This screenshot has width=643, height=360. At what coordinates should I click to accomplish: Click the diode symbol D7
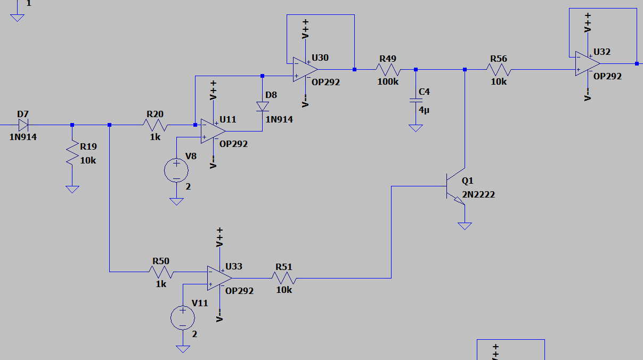pos(22,125)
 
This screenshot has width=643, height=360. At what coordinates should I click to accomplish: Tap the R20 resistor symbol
pos(154,125)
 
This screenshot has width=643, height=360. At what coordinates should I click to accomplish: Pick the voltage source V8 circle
pos(176,171)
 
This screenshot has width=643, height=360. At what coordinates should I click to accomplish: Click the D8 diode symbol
pos(262,107)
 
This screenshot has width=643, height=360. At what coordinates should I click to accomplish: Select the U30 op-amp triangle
pos(305,69)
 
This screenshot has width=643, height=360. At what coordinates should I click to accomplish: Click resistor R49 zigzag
pos(388,69)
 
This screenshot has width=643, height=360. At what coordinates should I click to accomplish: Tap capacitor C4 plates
pos(416,100)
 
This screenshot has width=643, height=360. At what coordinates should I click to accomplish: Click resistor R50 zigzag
pos(161,272)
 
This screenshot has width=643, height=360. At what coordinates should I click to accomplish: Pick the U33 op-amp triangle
pos(219,278)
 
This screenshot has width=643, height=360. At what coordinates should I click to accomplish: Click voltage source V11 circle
pos(183,318)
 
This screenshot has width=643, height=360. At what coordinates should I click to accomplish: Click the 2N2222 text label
pos(478,195)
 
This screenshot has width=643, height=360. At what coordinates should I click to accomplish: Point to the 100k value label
pos(388,81)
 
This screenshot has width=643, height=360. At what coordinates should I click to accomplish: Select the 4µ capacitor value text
pos(424,110)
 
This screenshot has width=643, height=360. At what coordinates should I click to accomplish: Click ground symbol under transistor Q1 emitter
pos(465,226)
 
